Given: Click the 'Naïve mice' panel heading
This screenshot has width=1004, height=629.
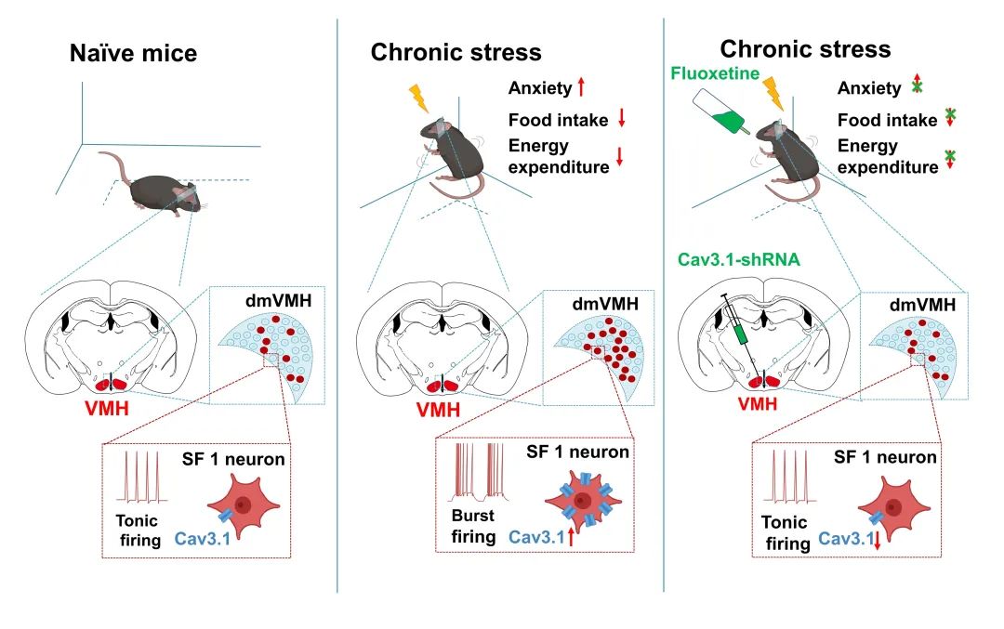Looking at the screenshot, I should [134, 54].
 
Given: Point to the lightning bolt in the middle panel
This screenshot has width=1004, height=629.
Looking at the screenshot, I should [420, 97].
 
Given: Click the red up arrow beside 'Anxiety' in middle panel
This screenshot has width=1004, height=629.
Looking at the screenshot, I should [581, 88].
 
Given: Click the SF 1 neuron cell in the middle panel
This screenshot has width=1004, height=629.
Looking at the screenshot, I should [583, 502].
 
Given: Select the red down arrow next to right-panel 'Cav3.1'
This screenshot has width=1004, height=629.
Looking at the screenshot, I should [876, 541].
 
